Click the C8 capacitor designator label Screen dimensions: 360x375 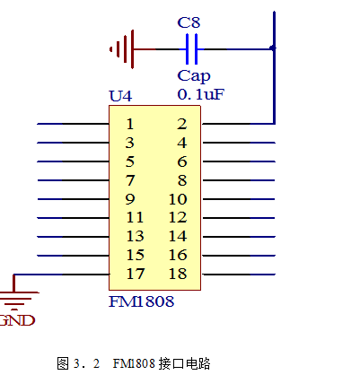pyautogui.click(x=189, y=22)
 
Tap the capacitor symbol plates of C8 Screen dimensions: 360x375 pyautogui.click(x=191, y=49)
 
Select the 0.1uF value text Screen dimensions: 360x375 pyautogui.click(x=200, y=94)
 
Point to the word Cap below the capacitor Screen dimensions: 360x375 pyautogui.click(x=194, y=76)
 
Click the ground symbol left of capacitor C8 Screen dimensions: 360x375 pyautogui.click(x=122, y=49)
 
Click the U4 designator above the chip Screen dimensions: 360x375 pyautogui.click(x=120, y=96)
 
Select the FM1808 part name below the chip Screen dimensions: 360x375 pyautogui.click(x=141, y=301)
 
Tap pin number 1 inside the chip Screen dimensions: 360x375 pyautogui.click(x=129, y=124)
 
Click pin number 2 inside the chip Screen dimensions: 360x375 pyautogui.click(x=182, y=124)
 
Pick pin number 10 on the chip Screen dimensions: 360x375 pyautogui.click(x=178, y=199)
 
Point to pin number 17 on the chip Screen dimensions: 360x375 pyautogui.click(x=136, y=274)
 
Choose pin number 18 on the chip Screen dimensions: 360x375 pyautogui.click(x=178, y=274)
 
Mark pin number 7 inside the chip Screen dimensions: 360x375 pyautogui.click(x=130, y=180)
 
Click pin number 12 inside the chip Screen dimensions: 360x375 pyautogui.click(x=178, y=218)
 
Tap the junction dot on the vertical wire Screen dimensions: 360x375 pyautogui.click(x=273, y=48)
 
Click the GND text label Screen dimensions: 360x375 pyautogui.click(x=17, y=320)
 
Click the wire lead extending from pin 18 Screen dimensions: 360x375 pyautogui.click(x=239, y=275)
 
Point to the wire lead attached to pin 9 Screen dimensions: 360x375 pyautogui.click(x=74, y=199)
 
